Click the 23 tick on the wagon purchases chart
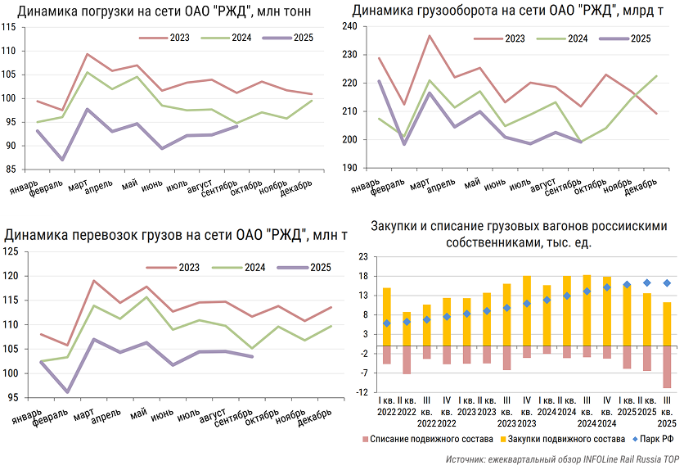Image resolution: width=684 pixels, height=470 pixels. pos(361,255)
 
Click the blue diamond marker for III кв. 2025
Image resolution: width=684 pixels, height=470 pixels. pos(667,283)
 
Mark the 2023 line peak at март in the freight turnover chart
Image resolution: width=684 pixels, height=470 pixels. pos(429,36)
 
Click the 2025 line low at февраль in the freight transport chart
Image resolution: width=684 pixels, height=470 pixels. pos(66,392)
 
